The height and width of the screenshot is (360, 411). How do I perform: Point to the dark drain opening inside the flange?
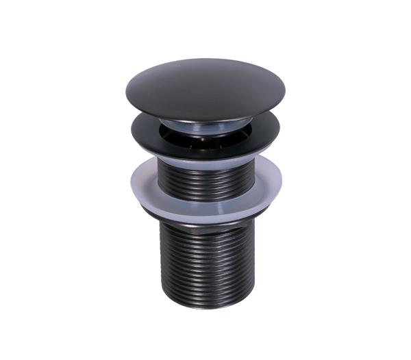(x=206, y=134)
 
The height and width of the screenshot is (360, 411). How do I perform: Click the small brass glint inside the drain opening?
(x=203, y=135)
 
